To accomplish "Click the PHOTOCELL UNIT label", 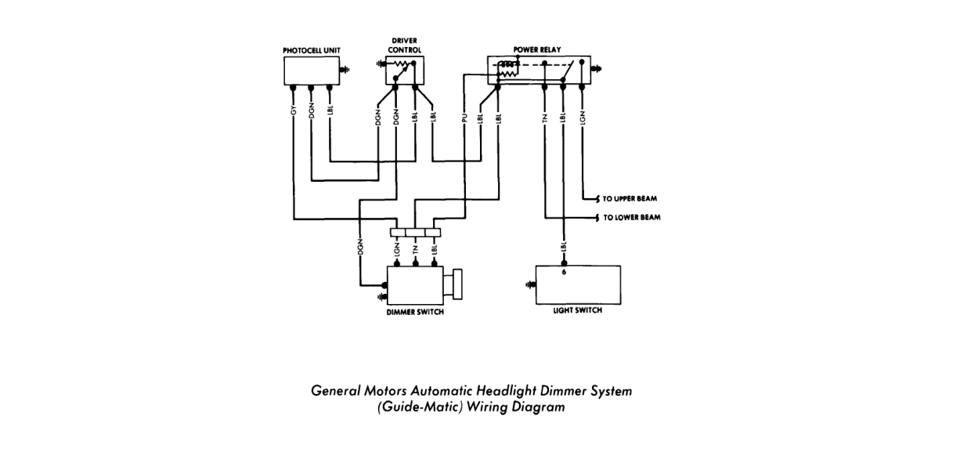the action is tap(312, 51).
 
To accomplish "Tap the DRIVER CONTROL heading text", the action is tap(405, 45).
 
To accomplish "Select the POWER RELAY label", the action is tap(537, 49).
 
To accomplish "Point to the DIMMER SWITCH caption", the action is tap(415, 312).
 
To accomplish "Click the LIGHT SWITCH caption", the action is tap(577, 310).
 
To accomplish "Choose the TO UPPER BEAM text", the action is tap(630, 198).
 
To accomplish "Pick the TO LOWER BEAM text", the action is tap(632, 217).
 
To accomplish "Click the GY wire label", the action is tap(294, 110).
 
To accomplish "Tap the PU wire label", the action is tap(464, 118).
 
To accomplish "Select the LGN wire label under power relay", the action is tap(582, 118).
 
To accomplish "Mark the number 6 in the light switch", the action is tap(564, 272).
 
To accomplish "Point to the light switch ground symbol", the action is tap(530, 284).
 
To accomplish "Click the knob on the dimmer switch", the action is tap(457, 284).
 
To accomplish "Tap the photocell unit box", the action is tap(312, 71).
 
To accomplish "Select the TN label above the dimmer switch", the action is tap(415, 249).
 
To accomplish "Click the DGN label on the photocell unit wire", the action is tap(312, 110).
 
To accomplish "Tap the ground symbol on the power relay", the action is tap(596, 69).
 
